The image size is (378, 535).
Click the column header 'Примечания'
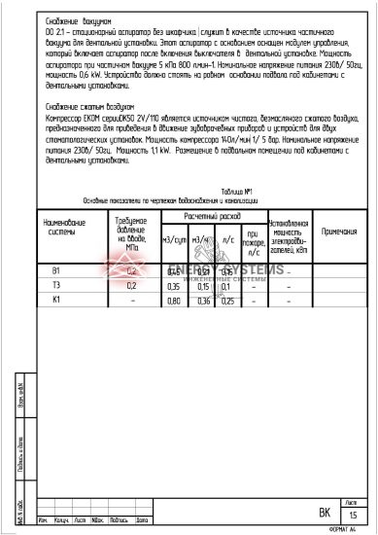click(338, 232)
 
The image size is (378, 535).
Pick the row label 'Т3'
click(56, 286)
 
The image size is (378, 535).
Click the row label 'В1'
click(56, 271)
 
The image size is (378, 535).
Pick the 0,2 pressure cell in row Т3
click(131, 286)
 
